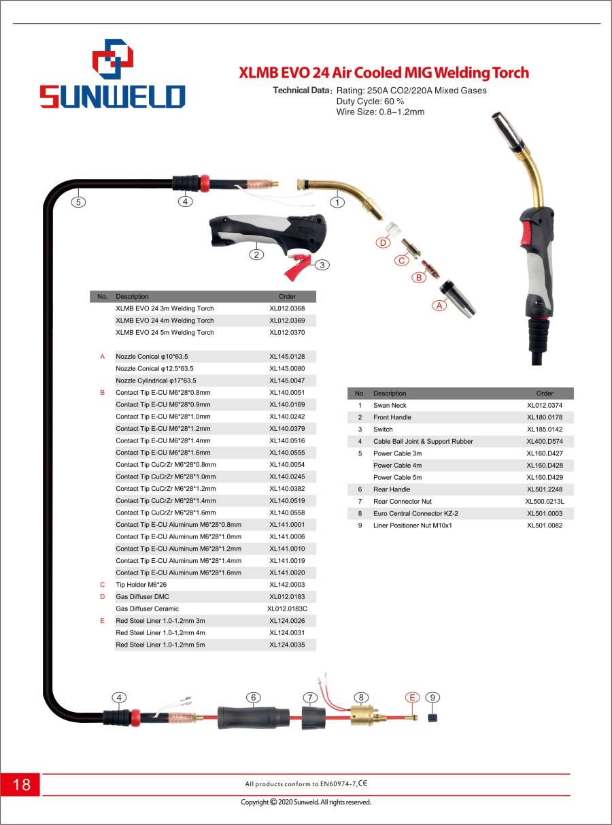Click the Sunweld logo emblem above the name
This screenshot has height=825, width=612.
[113, 60]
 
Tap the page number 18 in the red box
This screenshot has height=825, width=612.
[21, 784]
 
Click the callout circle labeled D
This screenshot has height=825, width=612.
[384, 243]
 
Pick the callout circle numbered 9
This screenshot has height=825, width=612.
[433, 697]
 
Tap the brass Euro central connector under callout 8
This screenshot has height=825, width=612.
[362, 716]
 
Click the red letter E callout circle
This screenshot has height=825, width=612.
[412, 697]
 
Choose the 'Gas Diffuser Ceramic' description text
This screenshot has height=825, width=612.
[147, 609]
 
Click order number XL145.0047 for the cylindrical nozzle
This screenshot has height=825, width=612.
[287, 381]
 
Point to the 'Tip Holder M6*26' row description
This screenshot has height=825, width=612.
[142, 585]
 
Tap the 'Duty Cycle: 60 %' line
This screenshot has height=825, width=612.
[370, 101]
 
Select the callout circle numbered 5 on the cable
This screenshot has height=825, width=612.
[80, 201]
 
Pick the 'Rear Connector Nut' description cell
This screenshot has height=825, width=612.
[403, 501]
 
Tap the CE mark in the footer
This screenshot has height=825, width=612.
[362, 783]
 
